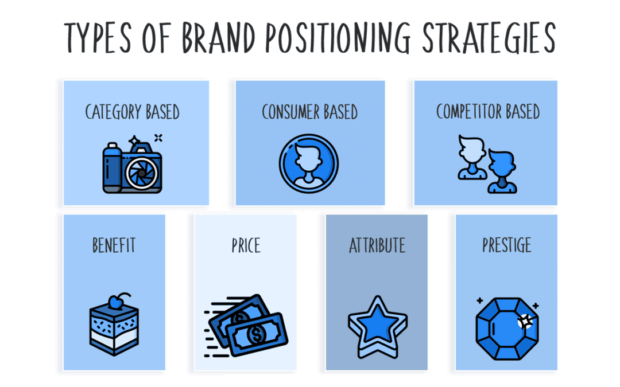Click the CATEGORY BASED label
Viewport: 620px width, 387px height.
point(133,112)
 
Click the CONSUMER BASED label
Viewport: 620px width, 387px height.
point(310,112)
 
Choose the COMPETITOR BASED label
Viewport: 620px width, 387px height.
point(488,112)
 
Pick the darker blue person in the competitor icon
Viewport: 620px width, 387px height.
point(502,171)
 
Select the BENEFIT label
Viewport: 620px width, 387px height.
point(114,246)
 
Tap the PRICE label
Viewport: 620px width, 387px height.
point(246,246)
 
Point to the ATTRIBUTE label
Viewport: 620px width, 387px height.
point(377,246)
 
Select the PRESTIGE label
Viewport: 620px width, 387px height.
point(507,246)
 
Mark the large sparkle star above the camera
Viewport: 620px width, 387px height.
point(134,140)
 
